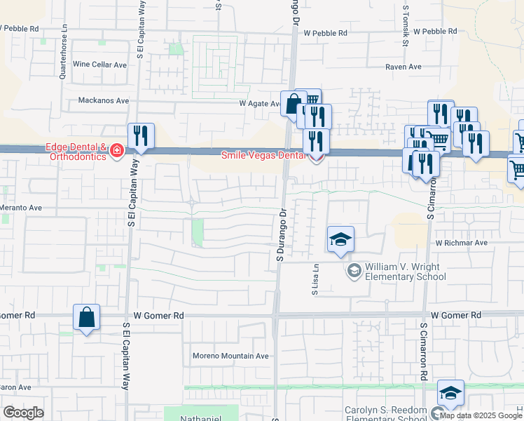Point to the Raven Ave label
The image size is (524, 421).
click(404, 67)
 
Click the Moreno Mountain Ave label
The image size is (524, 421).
click(230, 356)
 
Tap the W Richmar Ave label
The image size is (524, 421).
click(461, 243)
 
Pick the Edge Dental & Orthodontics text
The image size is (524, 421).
click(75, 152)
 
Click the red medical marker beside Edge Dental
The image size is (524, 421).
click(116, 152)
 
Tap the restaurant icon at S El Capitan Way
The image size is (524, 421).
click(141, 135)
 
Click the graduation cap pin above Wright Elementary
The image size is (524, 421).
click(340, 241)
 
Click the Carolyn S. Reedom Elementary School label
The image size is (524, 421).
click(385, 414)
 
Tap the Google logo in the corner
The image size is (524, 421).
click(23, 413)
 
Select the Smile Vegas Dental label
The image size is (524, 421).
click(264, 156)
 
